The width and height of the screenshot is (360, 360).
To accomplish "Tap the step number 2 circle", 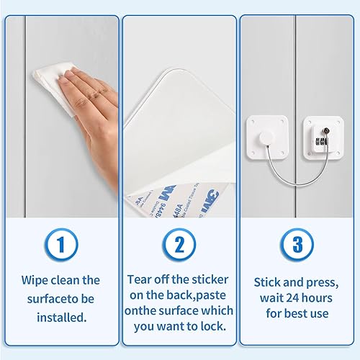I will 179,246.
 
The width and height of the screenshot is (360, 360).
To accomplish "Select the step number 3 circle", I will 297,246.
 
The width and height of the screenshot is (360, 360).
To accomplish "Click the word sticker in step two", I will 210,279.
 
